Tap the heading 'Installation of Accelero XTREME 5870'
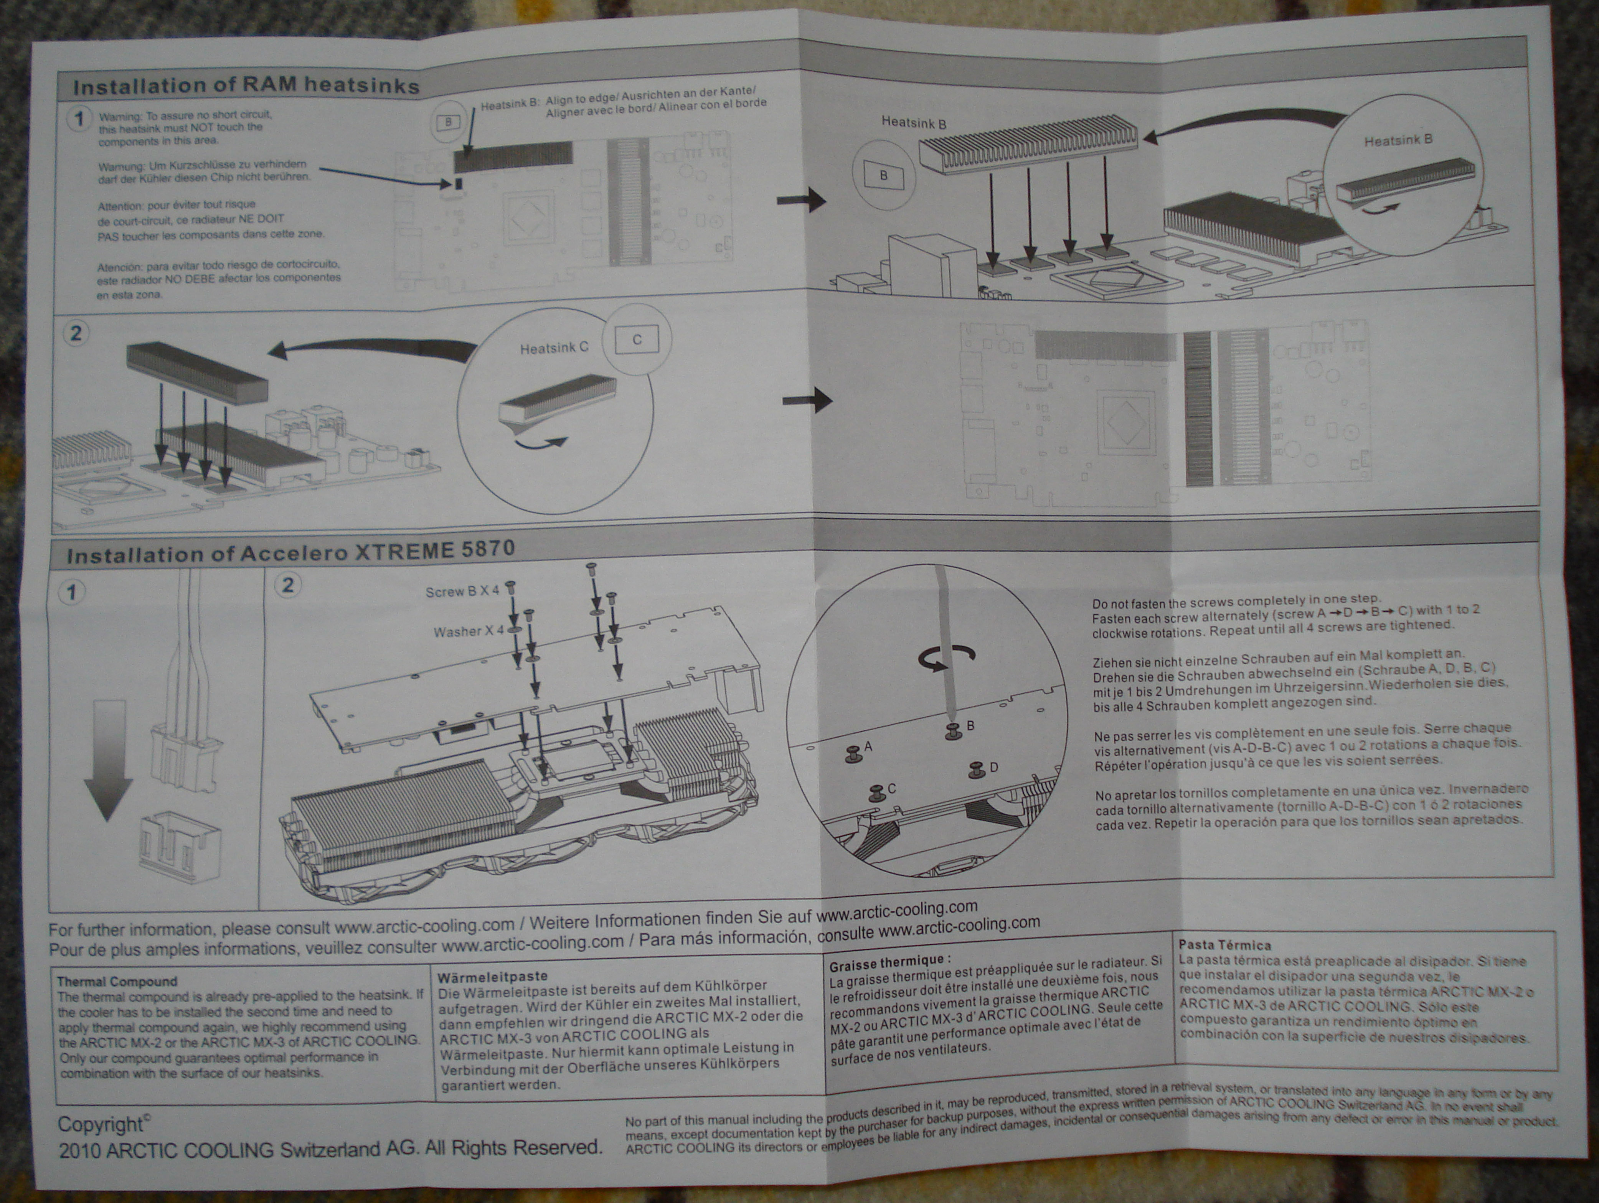290,553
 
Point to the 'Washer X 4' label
468,631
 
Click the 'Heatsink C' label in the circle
554,348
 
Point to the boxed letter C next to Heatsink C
637,339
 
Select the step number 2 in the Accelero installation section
288,585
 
